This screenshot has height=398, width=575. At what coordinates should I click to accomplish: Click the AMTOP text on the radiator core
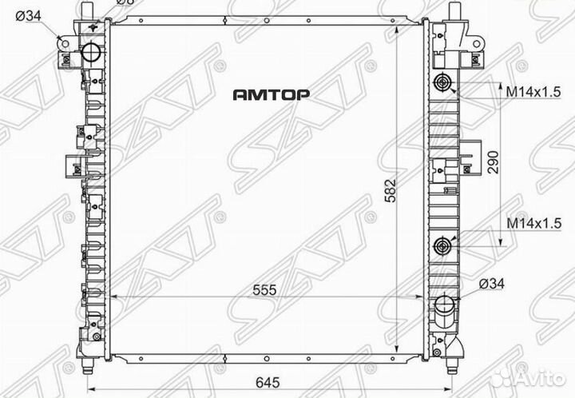(271, 94)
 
